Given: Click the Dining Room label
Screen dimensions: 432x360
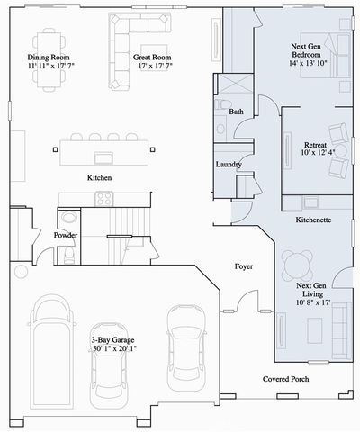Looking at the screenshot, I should tap(49, 58).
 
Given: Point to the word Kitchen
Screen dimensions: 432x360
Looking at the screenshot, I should tap(99, 178).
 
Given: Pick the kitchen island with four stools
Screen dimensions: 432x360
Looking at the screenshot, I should tap(103, 148).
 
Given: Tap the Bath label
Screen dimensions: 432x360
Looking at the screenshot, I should tap(236, 112).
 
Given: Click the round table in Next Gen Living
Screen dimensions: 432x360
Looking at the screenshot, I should tap(296, 264).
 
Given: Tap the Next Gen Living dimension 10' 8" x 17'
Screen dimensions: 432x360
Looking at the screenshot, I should tap(314, 302).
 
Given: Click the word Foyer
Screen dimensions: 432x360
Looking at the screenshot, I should tap(243, 266).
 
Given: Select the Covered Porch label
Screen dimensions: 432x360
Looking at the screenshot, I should tap(285, 379).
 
